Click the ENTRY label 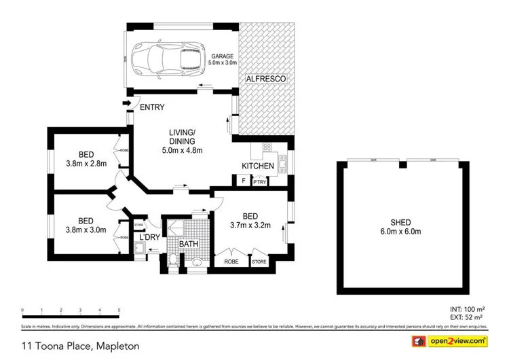click(152, 107)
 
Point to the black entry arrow click(126, 103)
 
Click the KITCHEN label click(258, 166)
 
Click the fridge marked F click(242, 181)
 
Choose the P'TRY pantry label click(259, 181)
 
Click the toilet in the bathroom click(174, 258)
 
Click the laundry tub click(140, 248)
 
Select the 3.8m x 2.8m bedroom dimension click(86, 164)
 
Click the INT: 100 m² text click(467, 309)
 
